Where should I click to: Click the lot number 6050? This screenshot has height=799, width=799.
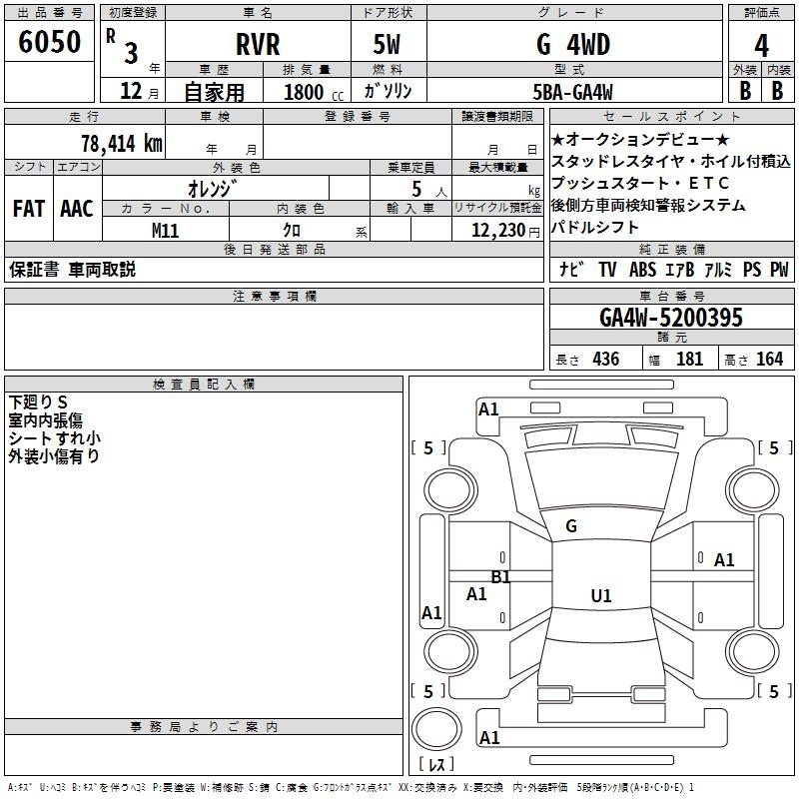coord(50,44)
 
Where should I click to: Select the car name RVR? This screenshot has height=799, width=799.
coord(258,44)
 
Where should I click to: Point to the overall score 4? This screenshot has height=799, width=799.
coord(762,46)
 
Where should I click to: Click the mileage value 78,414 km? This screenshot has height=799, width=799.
coord(121,143)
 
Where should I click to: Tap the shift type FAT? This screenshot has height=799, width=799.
coord(28,209)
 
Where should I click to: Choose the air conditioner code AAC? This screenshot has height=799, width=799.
coord(76,209)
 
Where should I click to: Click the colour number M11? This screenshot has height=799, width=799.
coord(166,231)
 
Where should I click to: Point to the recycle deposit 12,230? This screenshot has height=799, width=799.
coord(495,231)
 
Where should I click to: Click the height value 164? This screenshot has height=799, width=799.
coord(769,360)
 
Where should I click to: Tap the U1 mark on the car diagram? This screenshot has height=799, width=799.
coord(600,596)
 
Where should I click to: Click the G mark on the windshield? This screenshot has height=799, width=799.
coord(571,526)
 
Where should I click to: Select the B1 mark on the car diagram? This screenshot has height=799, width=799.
coord(500,577)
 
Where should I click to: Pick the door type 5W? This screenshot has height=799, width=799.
coord(389,44)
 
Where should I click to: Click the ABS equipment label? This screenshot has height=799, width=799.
coord(642,270)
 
